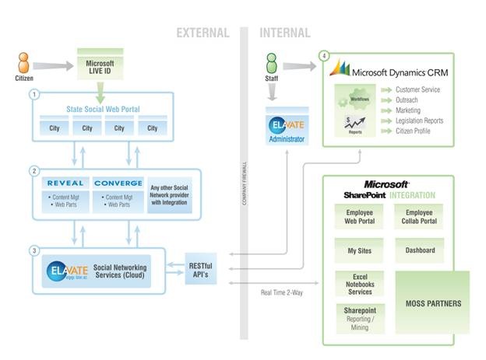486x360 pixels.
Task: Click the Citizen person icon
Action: (23, 63)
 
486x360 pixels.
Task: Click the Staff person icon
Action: (271, 63)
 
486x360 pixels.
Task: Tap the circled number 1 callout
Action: (33, 93)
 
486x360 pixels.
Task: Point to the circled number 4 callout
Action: (324, 55)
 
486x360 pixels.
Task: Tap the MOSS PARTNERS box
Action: (433, 302)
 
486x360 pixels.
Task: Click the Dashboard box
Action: (420, 250)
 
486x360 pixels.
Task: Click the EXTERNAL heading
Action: (202, 33)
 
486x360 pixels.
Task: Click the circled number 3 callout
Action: (33, 250)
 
